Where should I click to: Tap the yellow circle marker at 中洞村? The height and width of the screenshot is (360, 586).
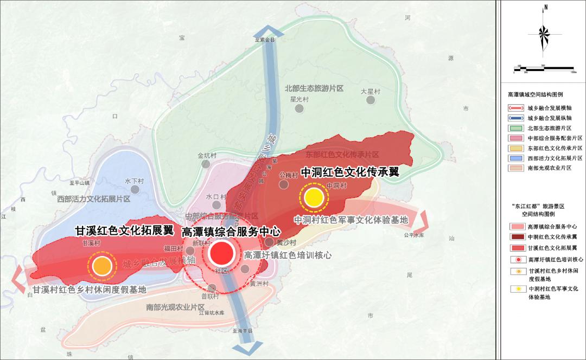coord(314,198)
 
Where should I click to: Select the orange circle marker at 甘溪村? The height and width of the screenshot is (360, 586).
coord(101,266)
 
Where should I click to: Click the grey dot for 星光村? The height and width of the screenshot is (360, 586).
coord(299,109)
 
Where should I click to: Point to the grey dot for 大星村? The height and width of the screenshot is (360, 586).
coord(371,100)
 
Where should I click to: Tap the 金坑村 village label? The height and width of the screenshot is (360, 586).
coord(207,156)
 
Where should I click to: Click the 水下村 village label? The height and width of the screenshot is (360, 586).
coord(133,181)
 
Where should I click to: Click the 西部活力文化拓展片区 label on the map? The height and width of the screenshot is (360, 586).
coord(94,199)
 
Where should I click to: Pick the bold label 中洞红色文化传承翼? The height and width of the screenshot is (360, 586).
coord(349,172)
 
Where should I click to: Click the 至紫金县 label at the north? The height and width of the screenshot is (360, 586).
coord(265,40)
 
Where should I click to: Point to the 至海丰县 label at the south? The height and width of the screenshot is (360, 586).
coord(243,330)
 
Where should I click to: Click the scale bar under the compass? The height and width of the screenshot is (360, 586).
coord(543,68)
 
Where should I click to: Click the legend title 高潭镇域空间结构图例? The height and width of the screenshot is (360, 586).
coord(535,94)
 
